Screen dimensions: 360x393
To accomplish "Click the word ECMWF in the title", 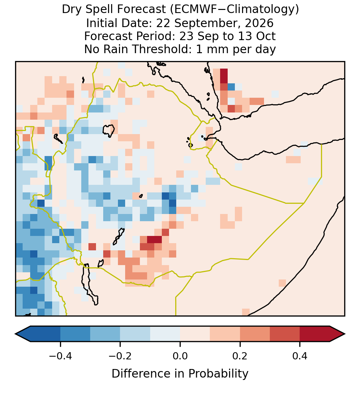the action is coord(193,10).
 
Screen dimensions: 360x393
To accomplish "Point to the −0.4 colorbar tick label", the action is coord(60,356).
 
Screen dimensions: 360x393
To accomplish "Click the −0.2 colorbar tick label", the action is coord(120,356).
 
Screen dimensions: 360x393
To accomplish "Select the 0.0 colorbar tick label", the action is coord(180,356).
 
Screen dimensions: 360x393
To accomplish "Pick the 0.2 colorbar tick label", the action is coord(240,356).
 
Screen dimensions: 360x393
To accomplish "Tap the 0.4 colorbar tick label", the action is coord(300,356).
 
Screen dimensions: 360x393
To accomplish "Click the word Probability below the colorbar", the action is coord(218,374).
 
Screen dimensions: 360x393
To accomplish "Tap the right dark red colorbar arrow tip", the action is coord(345,334).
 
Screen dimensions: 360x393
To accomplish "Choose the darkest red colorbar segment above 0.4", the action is coord(315,334).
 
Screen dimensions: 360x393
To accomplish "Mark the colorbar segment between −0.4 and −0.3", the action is coord(75,334).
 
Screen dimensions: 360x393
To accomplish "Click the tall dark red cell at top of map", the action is coord(224,76).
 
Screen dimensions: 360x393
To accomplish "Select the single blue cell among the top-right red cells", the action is coord(231,87).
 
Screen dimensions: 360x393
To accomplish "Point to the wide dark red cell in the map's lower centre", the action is coord(154,239).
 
